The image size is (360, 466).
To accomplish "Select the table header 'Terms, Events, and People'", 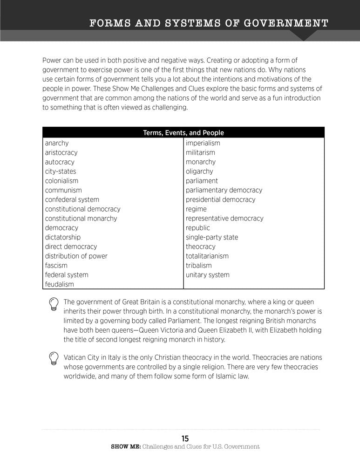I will coord(183,133).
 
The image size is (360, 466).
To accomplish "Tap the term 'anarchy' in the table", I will coord(57,143).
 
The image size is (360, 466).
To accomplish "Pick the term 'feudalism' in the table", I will coord(60,284).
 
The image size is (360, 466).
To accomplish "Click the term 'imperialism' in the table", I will coord(203,143).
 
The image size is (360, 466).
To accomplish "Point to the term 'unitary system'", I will coord(208,274).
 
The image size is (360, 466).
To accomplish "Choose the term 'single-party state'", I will coord(212,237).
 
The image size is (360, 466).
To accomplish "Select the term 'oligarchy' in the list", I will coord(199,171).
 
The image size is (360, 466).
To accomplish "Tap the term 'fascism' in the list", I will coord(56,265).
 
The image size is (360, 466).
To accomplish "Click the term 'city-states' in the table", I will coord(61,171).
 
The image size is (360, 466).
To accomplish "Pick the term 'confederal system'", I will coord(72,199).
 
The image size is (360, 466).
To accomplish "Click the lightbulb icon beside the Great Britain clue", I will coord(54,304).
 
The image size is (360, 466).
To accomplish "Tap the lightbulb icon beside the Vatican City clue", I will coord(54,360).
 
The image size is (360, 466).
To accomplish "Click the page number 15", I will coord(185,438).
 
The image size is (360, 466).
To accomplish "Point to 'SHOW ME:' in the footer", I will coord(125,446).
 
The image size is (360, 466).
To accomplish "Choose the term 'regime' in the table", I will coord(196,209).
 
